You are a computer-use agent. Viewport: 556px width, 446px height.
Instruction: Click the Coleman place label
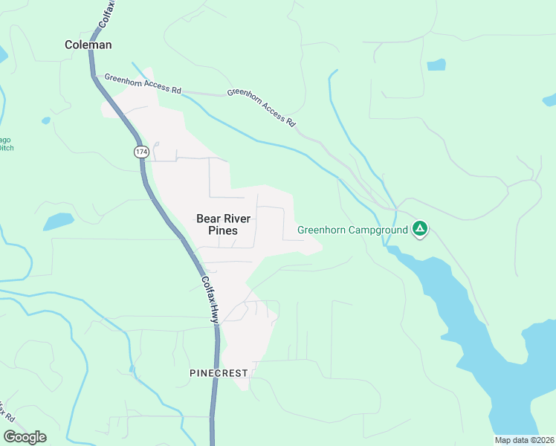88,45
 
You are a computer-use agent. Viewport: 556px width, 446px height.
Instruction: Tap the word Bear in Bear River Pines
207,219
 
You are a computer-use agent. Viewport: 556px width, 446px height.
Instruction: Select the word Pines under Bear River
222,230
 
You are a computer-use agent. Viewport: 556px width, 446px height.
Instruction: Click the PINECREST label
219,372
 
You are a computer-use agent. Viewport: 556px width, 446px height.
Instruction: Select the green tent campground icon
420,229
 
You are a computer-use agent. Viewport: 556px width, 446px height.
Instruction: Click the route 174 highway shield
140,152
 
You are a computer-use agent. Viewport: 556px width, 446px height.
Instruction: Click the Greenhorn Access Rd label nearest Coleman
143,83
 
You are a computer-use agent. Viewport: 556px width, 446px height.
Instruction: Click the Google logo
25,437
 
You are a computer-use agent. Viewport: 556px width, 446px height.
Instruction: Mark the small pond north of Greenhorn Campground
436,65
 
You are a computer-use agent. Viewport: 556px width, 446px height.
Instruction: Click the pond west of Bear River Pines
58,221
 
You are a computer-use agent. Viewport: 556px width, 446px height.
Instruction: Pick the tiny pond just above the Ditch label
46,120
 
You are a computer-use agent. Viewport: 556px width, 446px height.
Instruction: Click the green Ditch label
6,148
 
